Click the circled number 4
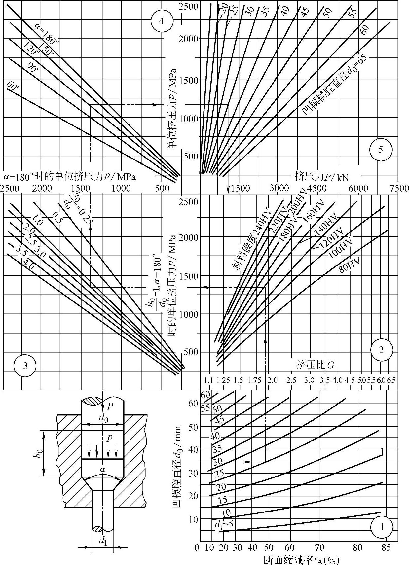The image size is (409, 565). click(x=161, y=21)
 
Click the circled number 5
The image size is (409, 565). click(x=381, y=150)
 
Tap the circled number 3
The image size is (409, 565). click(x=25, y=365)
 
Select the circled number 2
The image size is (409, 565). click(x=381, y=350)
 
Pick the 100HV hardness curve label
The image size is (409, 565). click(x=340, y=248)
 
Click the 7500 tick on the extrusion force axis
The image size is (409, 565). click(x=399, y=188)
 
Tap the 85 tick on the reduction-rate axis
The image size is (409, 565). click(x=386, y=548)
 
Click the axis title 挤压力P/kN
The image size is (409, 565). click(x=321, y=177)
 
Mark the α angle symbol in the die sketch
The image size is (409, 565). click(x=103, y=466)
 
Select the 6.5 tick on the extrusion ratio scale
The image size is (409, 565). click(x=391, y=380)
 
